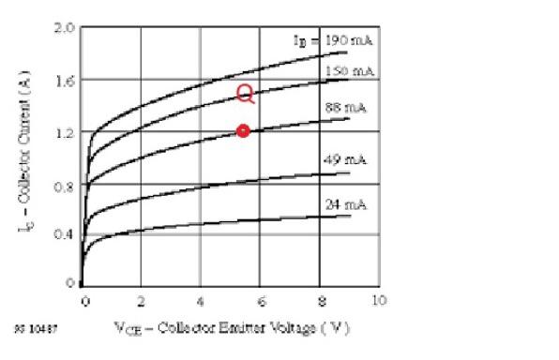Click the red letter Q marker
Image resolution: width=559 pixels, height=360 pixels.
click(x=245, y=93)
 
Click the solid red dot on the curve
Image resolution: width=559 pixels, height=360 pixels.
click(x=243, y=131)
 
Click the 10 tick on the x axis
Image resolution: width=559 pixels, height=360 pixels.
click(x=378, y=300)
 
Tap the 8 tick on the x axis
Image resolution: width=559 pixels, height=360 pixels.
click(x=319, y=300)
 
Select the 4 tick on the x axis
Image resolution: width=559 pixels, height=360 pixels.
click(x=201, y=300)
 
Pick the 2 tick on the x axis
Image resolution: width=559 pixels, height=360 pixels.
click(x=142, y=300)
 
